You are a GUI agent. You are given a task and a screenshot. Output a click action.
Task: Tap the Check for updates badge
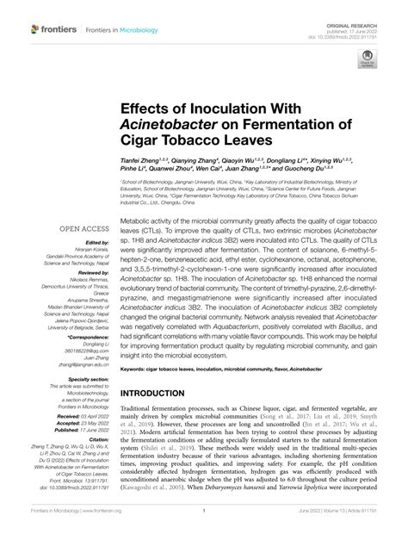point(368,59)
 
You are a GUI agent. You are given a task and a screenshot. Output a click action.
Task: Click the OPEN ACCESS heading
point(83,228)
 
